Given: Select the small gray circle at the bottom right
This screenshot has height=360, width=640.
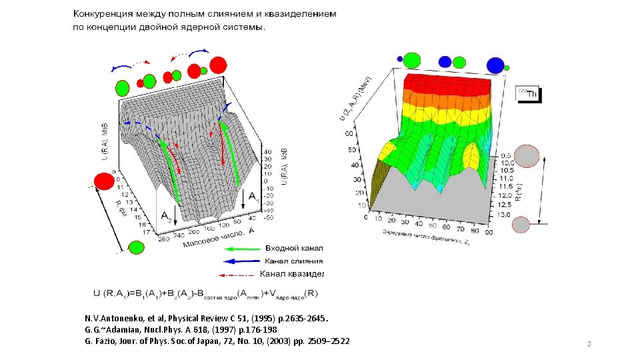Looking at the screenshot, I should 521,224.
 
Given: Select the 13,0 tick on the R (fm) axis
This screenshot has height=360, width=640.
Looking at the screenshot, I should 505,215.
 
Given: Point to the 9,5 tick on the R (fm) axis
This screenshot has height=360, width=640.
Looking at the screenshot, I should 505,155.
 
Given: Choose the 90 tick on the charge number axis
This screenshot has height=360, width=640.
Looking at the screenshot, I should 491,233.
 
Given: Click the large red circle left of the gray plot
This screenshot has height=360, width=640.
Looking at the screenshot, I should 104,181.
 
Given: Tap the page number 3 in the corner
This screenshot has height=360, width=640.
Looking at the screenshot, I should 589,344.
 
